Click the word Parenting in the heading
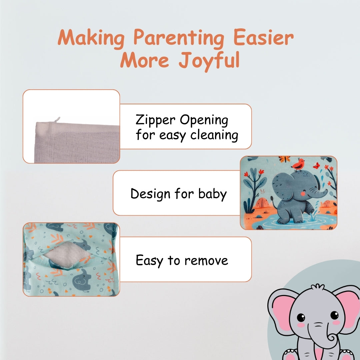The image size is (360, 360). click(x=179, y=38)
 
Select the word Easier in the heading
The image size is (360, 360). click(x=264, y=37)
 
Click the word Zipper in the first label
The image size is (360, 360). click(x=155, y=120)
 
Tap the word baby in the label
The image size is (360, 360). click(x=212, y=194)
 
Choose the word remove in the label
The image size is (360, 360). click(x=206, y=261)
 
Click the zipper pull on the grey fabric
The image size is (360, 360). click(x=57, y=120)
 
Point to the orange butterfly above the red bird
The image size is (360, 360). click(x=284, y=159)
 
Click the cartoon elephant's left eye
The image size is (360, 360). click(x=301, y=318)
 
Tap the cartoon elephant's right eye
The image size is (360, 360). click(x=334, y=315)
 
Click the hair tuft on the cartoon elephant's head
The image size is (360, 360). click(x=318, y=287)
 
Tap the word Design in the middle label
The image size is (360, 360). click(x=150, y=194)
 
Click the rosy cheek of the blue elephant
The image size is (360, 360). click(x=303, y=194)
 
